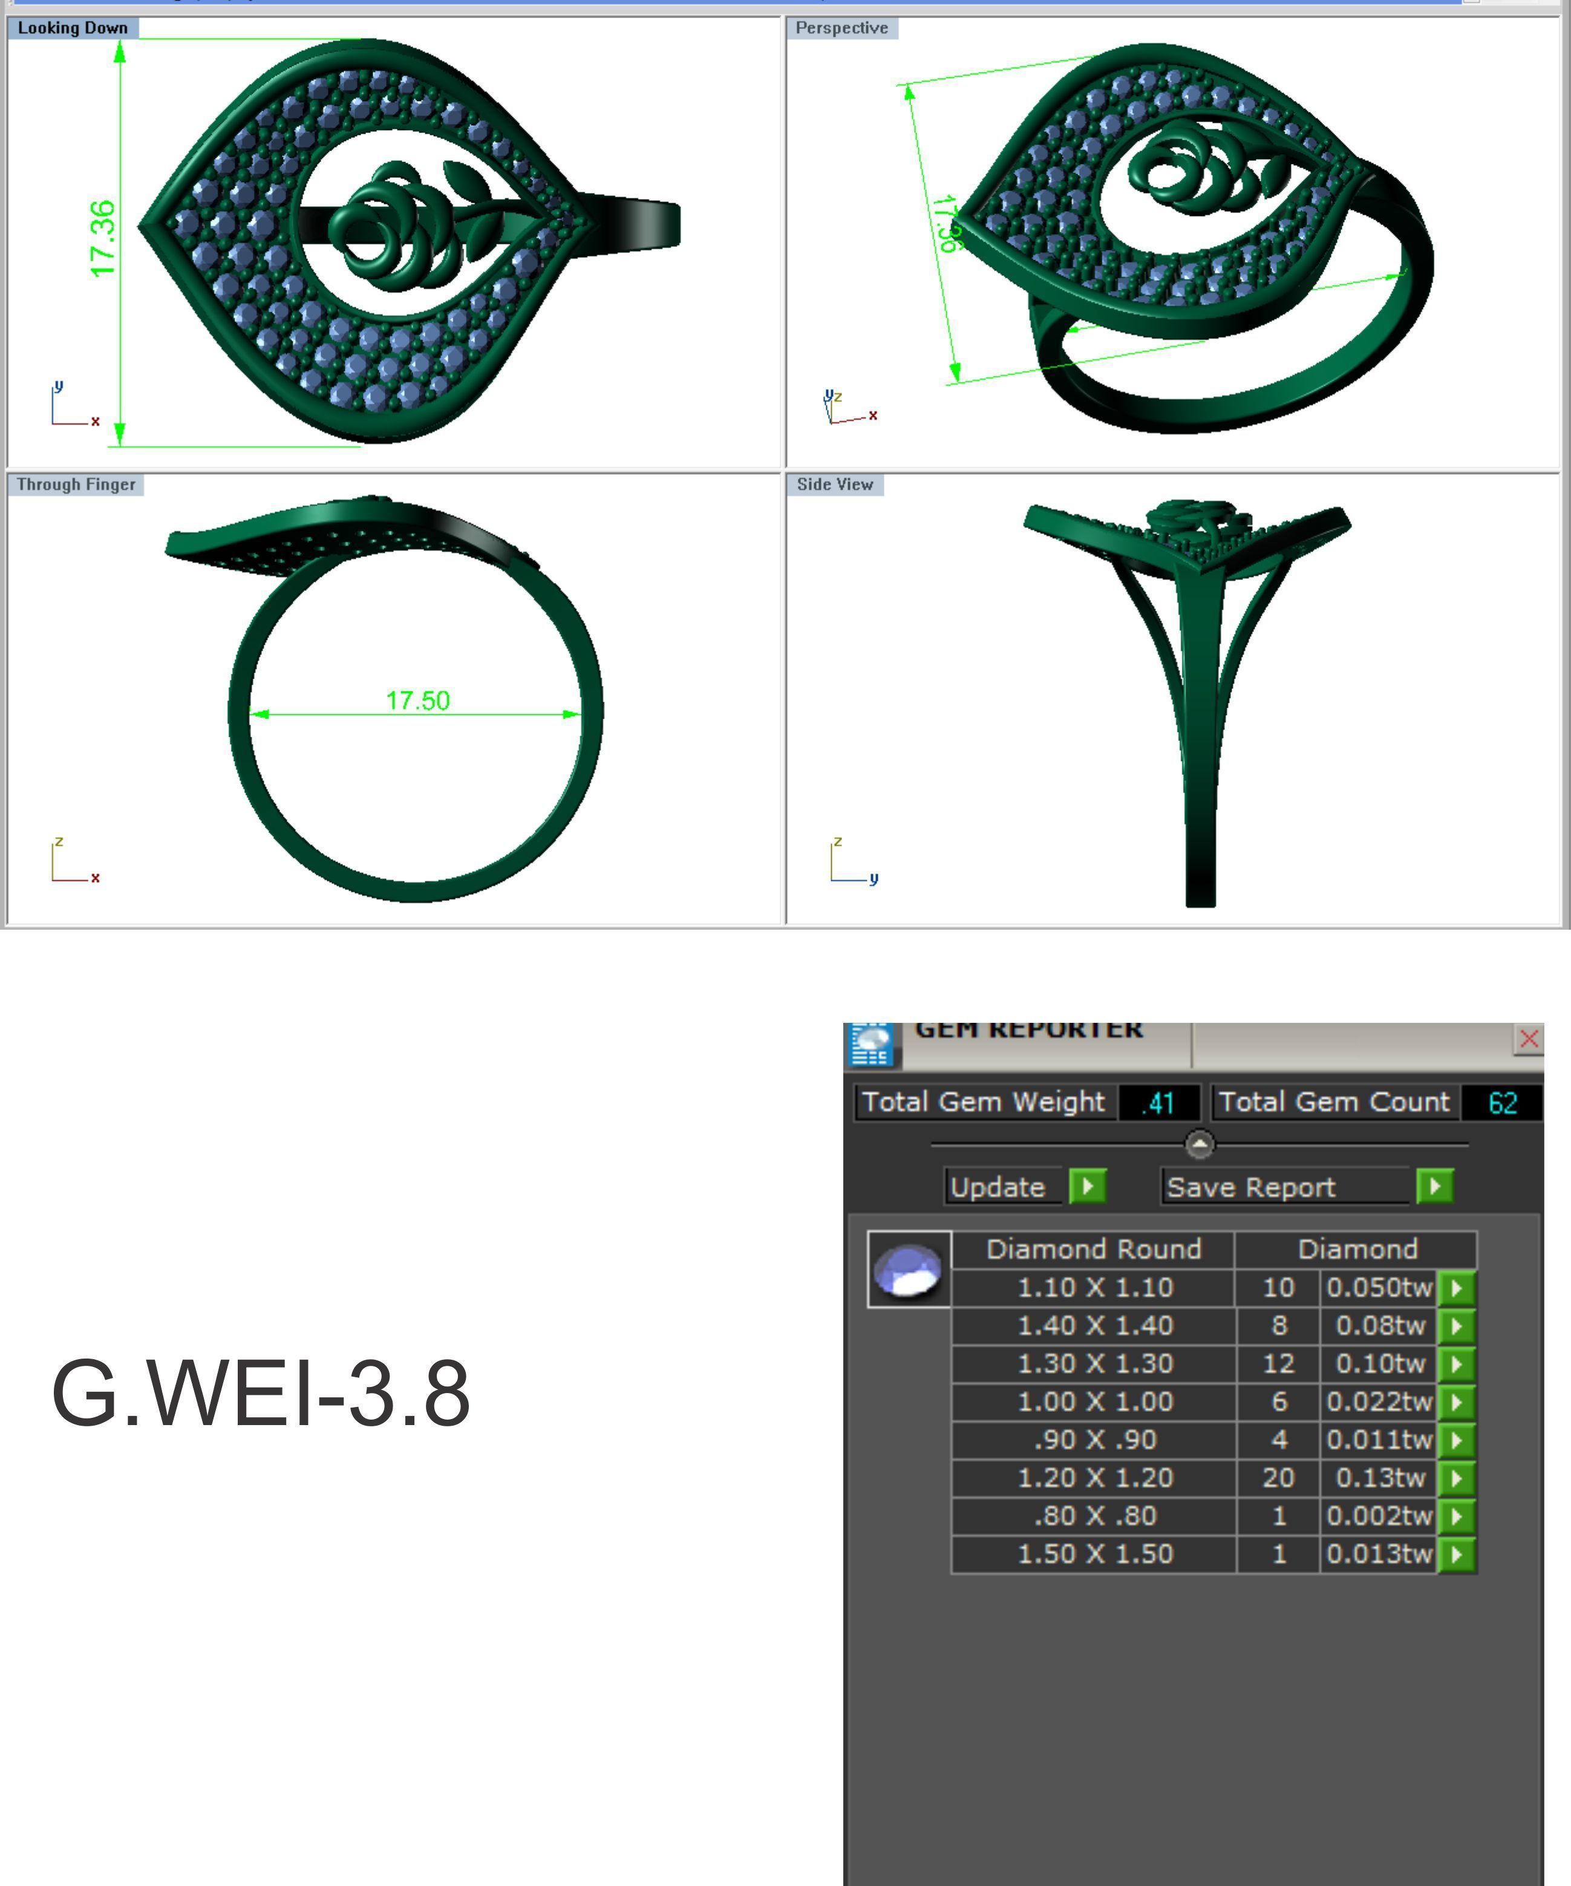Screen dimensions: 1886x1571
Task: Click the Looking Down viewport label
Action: (73, 28)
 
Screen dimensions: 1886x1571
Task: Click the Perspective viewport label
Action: (841, 28)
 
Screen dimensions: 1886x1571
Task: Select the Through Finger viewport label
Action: (76, 484)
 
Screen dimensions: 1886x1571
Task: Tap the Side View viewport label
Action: (834, 484)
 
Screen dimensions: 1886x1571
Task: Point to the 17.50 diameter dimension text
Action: (417, 700)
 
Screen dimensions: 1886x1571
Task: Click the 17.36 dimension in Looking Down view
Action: (103, 239)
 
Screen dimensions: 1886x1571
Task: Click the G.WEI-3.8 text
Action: (261, 1393)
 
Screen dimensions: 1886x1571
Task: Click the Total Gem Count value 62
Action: (1502, 1102)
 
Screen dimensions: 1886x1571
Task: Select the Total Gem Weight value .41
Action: (1158, 1102)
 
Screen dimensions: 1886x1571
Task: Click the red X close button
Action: (1529, 1039)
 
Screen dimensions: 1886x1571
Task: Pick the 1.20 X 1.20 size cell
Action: (1094, 1477)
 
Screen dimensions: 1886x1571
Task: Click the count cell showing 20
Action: (1278, 1477)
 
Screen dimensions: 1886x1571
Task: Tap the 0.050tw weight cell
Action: (1378, 1287)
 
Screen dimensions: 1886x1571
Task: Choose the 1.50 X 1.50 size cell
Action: (1094, 1554)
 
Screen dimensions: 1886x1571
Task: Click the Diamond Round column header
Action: (1093, 1249)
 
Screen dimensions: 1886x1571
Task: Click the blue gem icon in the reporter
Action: (908, 1269)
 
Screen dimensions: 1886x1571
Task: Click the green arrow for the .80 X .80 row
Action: (1457, 1516)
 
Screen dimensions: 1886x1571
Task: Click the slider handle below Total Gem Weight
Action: (1200, 1144)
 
